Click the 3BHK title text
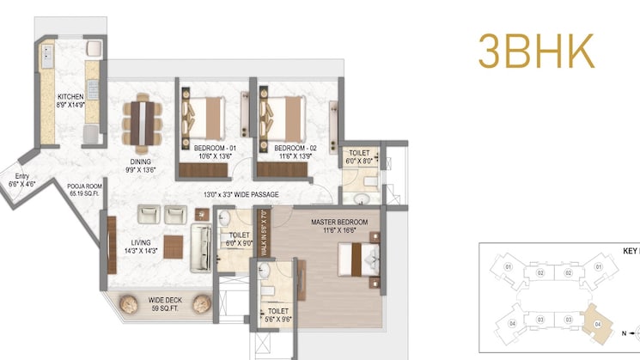tap(537, 51)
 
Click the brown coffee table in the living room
tap(174, 247)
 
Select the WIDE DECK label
tap(163, 301)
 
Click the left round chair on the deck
tap(127, 302)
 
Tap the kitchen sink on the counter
tap(48, 60)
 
